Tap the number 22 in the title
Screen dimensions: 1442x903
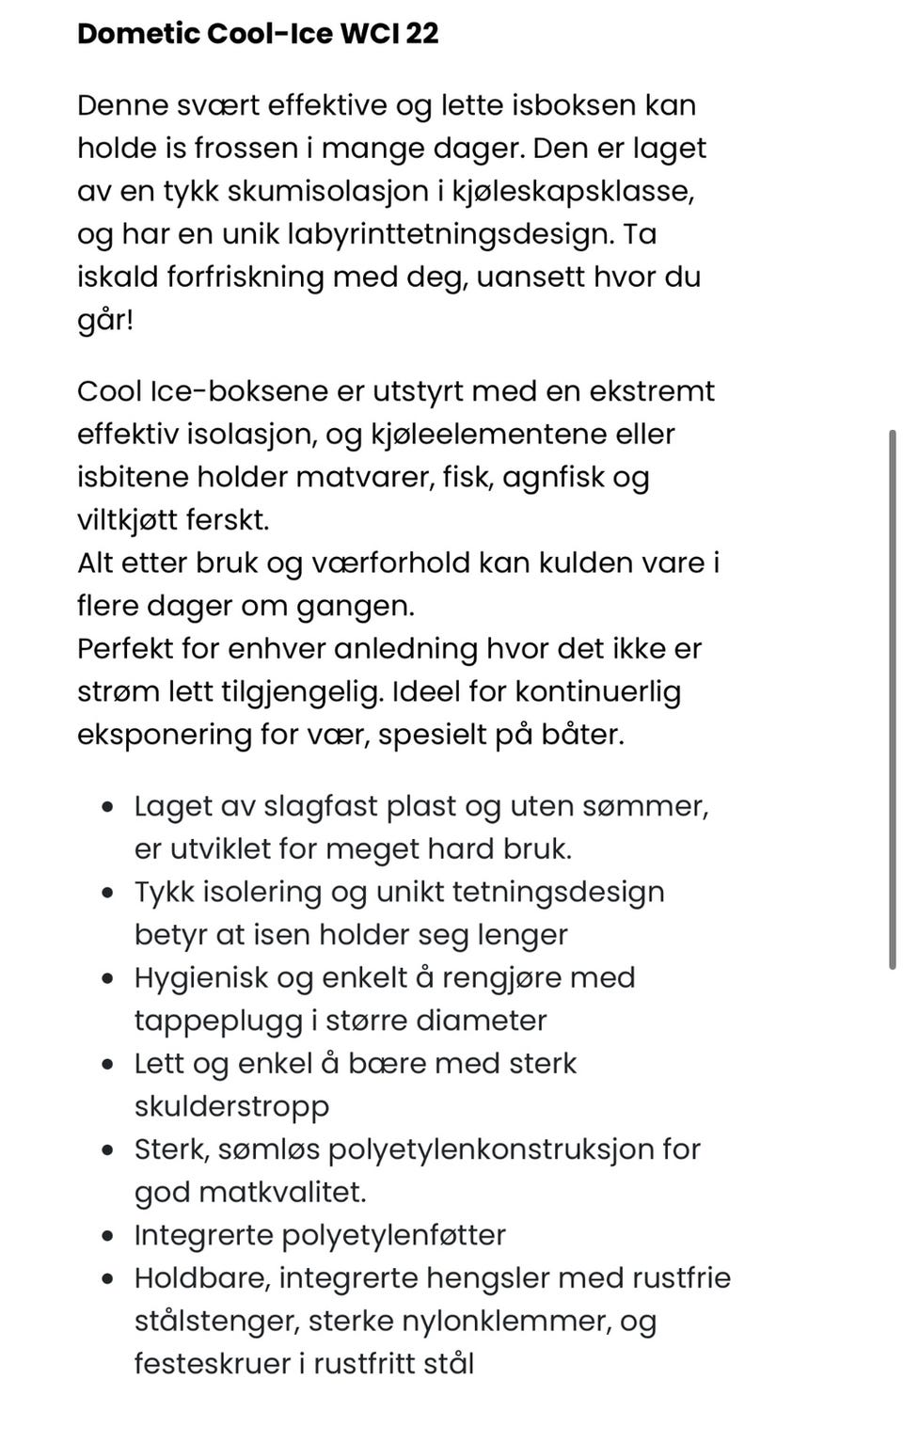(x=423, y=34)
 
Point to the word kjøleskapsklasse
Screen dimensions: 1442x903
(x=573, y=191)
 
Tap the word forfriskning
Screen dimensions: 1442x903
(x=246, y=277)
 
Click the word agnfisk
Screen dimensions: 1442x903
(x=553, y=477)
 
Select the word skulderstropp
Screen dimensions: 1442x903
(x=231, y=1106)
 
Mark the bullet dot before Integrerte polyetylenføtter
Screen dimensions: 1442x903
(x=110, y=1235)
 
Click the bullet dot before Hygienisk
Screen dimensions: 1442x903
(x=110, y=978)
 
